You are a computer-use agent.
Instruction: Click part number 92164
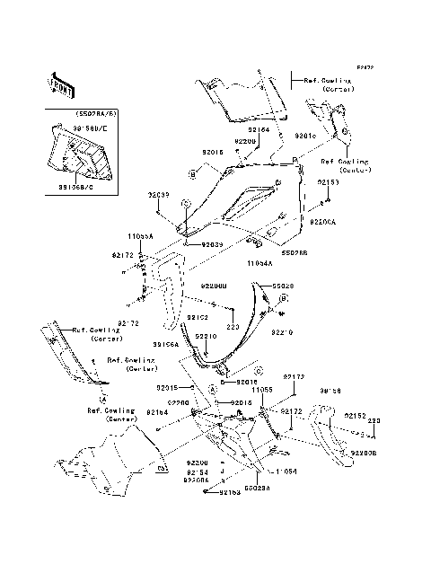click(259, 129)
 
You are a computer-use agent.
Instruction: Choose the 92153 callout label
click(329, 181)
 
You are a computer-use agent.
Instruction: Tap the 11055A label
click(140, 235)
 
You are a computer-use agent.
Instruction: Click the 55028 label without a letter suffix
click(284, 286)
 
